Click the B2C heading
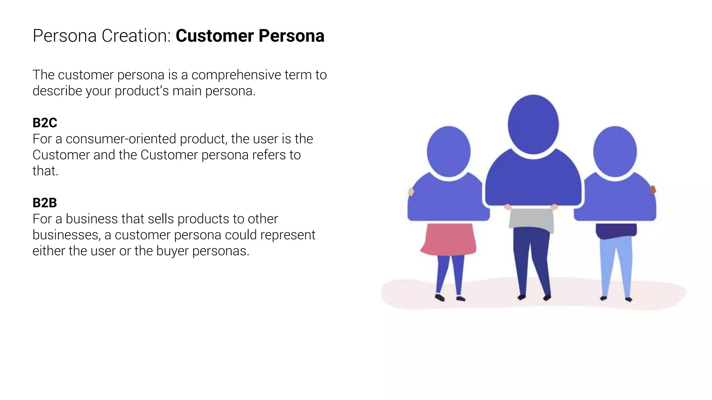click(x=45, y=123)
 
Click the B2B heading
click(x=45, y=203)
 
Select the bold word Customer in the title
click(x=215, y=36)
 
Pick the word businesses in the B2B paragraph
click(x=66, y=235)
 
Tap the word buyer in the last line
click(x=172, y=251)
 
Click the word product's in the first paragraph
click(x=142, y=91)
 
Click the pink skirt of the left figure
click(x=448, y=239)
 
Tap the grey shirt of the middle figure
click(x=532, y=219)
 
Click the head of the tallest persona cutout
click(x=533, y=124)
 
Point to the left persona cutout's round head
click(x=448, y=152)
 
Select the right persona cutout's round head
click(x=615, y=152)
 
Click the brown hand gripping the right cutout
click(x=653, y=189)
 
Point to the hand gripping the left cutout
click(x=411, y=191)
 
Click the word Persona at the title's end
click(x=291, y=36)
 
